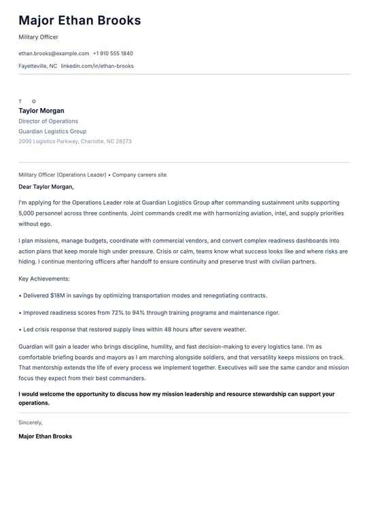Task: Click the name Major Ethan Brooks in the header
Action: pos(80,20)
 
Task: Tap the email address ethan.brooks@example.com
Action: pos(54,53)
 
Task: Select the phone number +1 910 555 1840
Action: pos(113,53)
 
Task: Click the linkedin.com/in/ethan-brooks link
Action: pos(97,66)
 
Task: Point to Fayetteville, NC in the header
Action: pos(37,66)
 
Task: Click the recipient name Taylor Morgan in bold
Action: pos(41,111)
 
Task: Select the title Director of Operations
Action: pos(48,121)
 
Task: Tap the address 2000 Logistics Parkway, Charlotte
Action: pos(75,141)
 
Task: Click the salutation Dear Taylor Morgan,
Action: pos(46,186)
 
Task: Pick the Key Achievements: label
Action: pos(44,279)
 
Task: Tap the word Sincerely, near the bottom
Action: pos(31,422)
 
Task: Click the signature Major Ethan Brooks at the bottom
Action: pos(45,436)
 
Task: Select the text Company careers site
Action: pos(139,175)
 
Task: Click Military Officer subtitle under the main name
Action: pos(39,37)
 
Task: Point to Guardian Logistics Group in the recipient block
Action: pos(52,131)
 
